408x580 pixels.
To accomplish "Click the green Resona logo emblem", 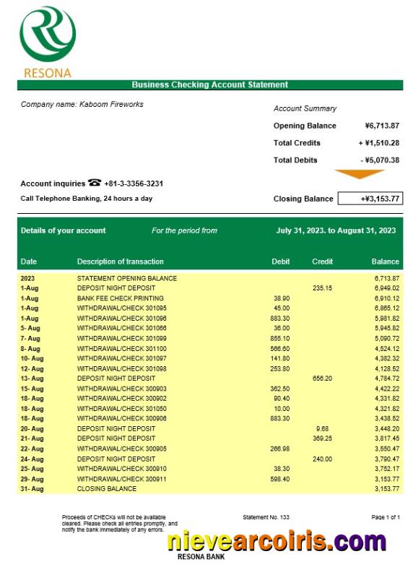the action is [48, 35].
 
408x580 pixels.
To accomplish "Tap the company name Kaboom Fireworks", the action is [82, 105].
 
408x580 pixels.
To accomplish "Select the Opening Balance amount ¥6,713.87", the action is [378, 126].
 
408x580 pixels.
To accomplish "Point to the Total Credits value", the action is [378, 143].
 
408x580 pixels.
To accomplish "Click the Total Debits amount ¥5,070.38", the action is [380, 160].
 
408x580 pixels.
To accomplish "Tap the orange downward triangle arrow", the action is [360, 174].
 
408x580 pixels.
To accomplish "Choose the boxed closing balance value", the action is [370, 199].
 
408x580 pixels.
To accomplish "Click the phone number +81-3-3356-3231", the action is [135, 183].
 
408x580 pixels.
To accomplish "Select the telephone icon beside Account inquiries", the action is [95, 183].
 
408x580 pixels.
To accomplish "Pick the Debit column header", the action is [281, 261].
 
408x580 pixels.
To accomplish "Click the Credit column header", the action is [322, 261].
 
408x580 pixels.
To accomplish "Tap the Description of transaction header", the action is [121, 261].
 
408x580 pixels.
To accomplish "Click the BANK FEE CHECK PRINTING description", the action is [121, 298].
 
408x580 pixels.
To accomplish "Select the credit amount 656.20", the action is [322, 378].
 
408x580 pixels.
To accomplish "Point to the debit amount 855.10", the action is [280, 338].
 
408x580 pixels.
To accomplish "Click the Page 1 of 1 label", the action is [385, 518].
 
